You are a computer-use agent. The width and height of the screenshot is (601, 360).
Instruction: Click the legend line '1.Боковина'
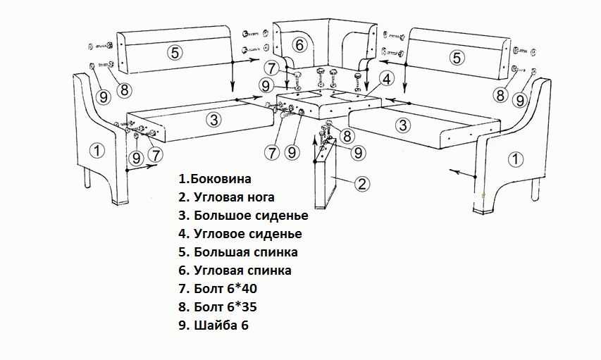click(x=215, y=179)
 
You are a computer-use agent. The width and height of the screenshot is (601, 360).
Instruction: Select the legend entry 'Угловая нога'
click(x=226, y=197)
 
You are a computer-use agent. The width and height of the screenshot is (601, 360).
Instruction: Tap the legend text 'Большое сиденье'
click(x=243, y=216)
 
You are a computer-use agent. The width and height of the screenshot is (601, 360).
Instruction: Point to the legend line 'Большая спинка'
click(x=237, y=252)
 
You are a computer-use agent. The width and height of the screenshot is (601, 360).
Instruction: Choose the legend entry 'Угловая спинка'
click(x=235, y=270)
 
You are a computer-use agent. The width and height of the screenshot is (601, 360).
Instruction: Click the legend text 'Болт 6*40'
click(x=223, y=288)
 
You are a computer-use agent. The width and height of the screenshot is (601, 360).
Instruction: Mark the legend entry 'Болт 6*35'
click(x=223, y=306)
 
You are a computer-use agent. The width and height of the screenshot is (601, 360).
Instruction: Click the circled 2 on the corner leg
click(x=361, y=184)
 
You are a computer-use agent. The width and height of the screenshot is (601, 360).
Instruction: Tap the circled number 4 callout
click(x=385, y=78)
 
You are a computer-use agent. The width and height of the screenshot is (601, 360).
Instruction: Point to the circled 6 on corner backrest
click(x=300, y=45)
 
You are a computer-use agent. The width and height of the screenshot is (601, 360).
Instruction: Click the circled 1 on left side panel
click(x=97, y=149)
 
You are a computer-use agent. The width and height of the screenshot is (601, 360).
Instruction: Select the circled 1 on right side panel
click(x=516, y=159)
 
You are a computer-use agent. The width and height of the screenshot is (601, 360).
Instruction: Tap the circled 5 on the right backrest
click(x=457, y=57)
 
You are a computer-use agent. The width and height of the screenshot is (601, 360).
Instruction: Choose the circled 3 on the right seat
click(x=402, y=125)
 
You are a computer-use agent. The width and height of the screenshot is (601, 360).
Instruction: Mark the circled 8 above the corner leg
click(x=347, y=137)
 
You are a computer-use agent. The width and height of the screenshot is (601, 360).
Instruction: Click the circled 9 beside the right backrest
click(x=521, y=99)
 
